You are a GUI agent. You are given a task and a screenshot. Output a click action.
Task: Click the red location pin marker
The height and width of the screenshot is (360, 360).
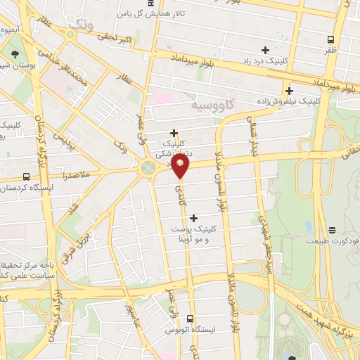click(x=181, y=166)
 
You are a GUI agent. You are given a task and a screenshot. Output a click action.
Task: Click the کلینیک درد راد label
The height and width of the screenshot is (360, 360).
click(x=265, y=62)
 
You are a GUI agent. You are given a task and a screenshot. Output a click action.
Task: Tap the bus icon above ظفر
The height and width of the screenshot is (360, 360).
click(x=331, y=39)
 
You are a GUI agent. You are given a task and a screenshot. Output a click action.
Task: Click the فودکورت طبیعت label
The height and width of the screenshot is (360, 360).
click(x=331, y=240)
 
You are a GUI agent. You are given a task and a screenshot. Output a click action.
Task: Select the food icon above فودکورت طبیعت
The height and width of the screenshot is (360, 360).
click(x=331, y=229)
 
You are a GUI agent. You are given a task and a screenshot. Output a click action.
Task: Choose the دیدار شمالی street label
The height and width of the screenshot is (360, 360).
click(x=255, y=141)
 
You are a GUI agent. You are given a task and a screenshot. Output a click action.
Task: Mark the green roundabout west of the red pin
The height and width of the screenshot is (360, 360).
click(x=148, y=167)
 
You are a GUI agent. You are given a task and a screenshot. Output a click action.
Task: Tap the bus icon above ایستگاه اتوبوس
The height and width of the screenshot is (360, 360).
click(x=189, y=318)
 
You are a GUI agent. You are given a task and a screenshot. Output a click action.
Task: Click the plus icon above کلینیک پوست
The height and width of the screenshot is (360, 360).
click(x=193, y=218)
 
